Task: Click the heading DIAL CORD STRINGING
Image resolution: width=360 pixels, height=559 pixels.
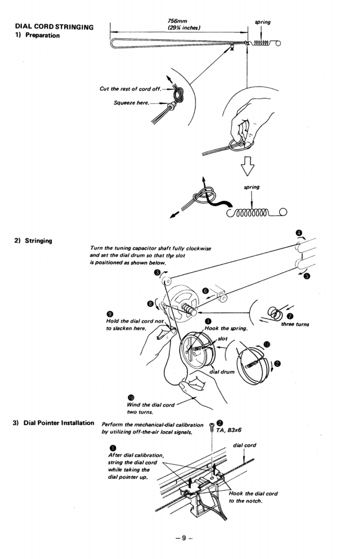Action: (54, 27)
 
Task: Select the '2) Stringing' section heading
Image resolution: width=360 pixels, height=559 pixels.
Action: (33, 241)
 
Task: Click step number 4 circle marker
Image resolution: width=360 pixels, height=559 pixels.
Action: (298, 233)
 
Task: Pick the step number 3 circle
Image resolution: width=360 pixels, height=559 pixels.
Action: (157, 272)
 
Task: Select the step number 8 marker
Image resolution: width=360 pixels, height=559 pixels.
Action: (150, 303)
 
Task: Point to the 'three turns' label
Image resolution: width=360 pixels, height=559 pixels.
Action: (295, 324)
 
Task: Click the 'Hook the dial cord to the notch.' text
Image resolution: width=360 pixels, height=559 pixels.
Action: (253, 497)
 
